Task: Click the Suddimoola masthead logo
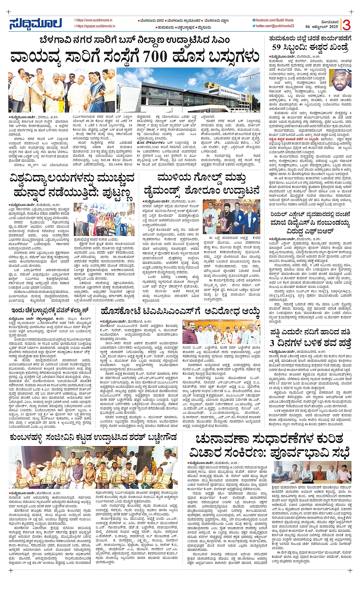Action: point(35,24)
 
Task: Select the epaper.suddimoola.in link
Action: point(96,26)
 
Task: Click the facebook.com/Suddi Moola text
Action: point(275,20)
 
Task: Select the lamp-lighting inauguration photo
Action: point(62,90)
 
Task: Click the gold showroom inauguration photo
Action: point(231,217)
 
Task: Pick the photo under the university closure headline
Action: point(104,220)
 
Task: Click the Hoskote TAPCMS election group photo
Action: point(221,333)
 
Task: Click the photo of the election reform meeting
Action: point(311,472)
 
